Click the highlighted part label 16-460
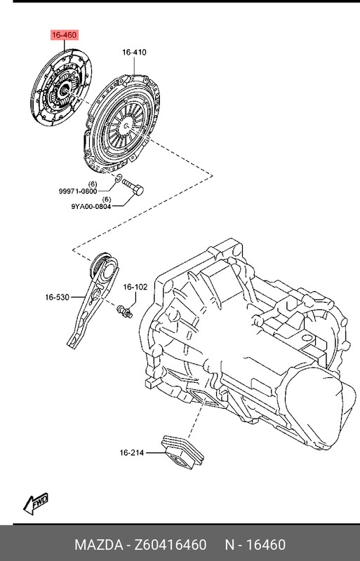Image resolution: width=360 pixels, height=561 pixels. pos(64,34)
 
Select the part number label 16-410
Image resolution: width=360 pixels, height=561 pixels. pos(133,52)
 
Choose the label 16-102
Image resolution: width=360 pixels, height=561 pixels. pos(135,287)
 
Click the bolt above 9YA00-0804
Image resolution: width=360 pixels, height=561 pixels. pos(133,187)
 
